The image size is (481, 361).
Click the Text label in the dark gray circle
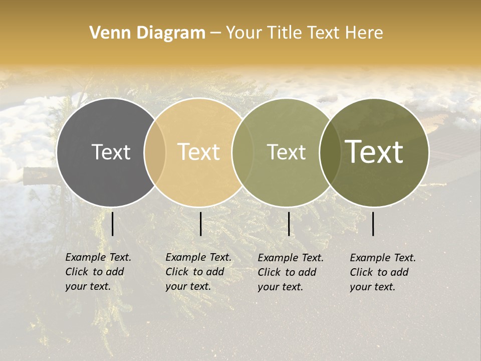(111, 152)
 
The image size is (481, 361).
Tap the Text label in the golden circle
(199, 152)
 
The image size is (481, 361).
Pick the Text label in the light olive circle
(286, 152)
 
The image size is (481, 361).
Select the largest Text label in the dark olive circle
(374, 152)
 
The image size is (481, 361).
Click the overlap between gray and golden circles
(155, 152)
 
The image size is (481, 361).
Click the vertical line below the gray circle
(112, 224)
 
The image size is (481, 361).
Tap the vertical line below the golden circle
(200, 224)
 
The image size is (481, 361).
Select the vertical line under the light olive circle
(289, 224)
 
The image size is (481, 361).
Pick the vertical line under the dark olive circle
(373, 224)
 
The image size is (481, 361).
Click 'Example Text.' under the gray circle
(98, 257)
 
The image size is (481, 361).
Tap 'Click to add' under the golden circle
(194, 272)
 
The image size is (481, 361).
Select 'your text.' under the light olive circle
(280, 287)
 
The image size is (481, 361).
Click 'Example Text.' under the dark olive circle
(383, 258)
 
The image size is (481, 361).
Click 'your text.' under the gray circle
(88, 286)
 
